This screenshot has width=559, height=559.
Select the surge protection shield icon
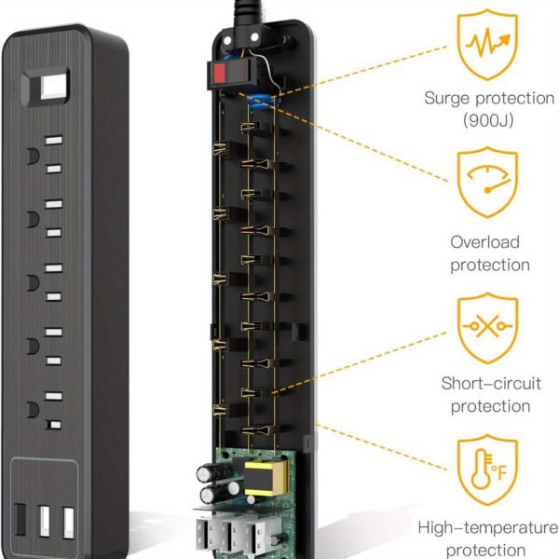pyautogui.click(x=484, y=43)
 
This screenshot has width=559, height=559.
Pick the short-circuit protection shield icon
pyautogui.click(x=484, y=329)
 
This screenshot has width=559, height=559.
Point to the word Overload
pyautogui.click(x=484, y=242)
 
